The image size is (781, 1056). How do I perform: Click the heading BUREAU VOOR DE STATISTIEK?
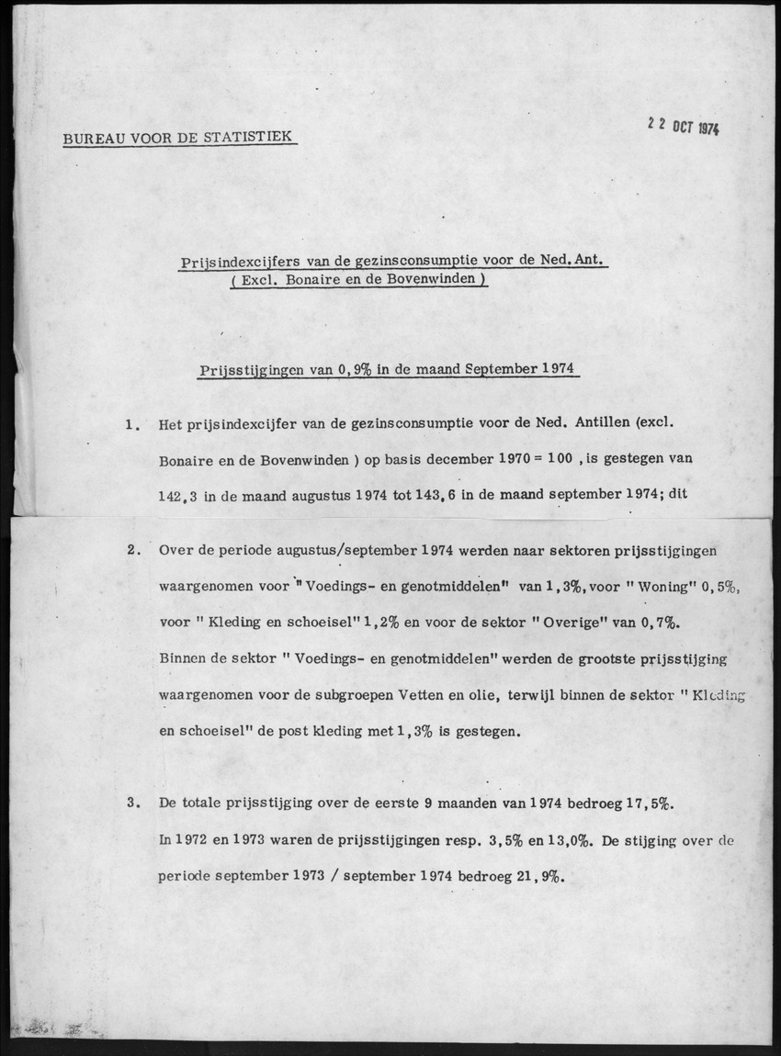(177, 138)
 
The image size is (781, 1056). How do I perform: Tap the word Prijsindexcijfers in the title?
(231, 262)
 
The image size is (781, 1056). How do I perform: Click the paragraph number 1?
(132, 424)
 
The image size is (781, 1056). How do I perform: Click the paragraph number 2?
(132, 551)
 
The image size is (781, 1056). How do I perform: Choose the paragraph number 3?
(132, 802)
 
